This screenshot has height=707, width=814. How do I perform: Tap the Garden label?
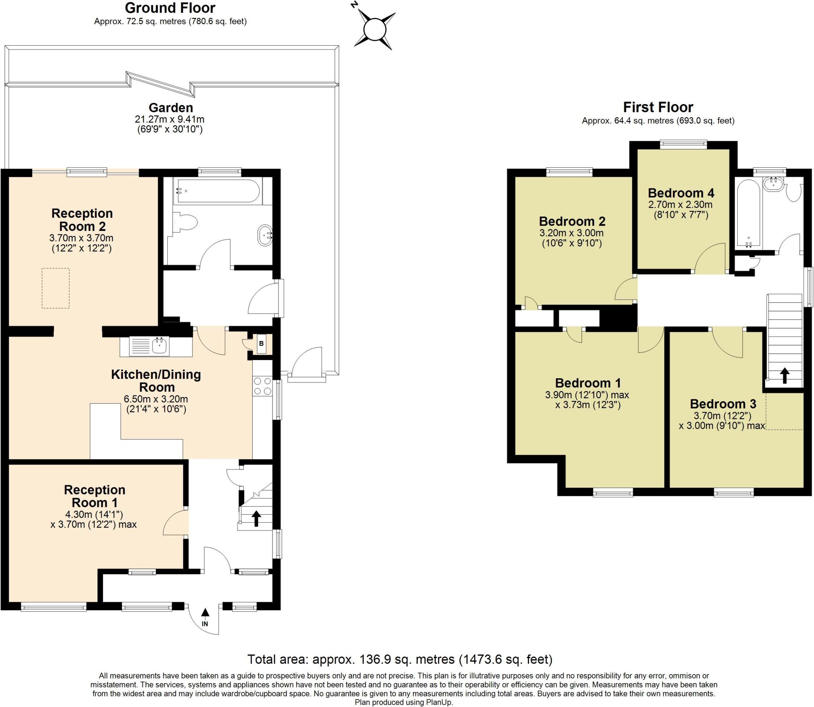171,108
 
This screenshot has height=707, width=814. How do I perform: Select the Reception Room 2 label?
82,220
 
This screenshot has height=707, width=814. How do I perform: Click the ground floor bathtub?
218,191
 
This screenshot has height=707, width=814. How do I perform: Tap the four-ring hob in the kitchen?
262,386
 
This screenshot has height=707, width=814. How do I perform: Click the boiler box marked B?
261,344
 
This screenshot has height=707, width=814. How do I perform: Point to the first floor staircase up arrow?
784,376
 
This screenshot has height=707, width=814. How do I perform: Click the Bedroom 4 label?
681,193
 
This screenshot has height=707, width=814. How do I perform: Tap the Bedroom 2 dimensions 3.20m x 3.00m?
572,233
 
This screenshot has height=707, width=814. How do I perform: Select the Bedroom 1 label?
588,383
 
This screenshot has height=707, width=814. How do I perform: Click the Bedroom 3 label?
723,404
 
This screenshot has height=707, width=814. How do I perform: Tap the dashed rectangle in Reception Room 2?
56,288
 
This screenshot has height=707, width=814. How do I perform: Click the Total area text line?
400,659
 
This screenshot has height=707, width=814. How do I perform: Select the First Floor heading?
658,107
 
